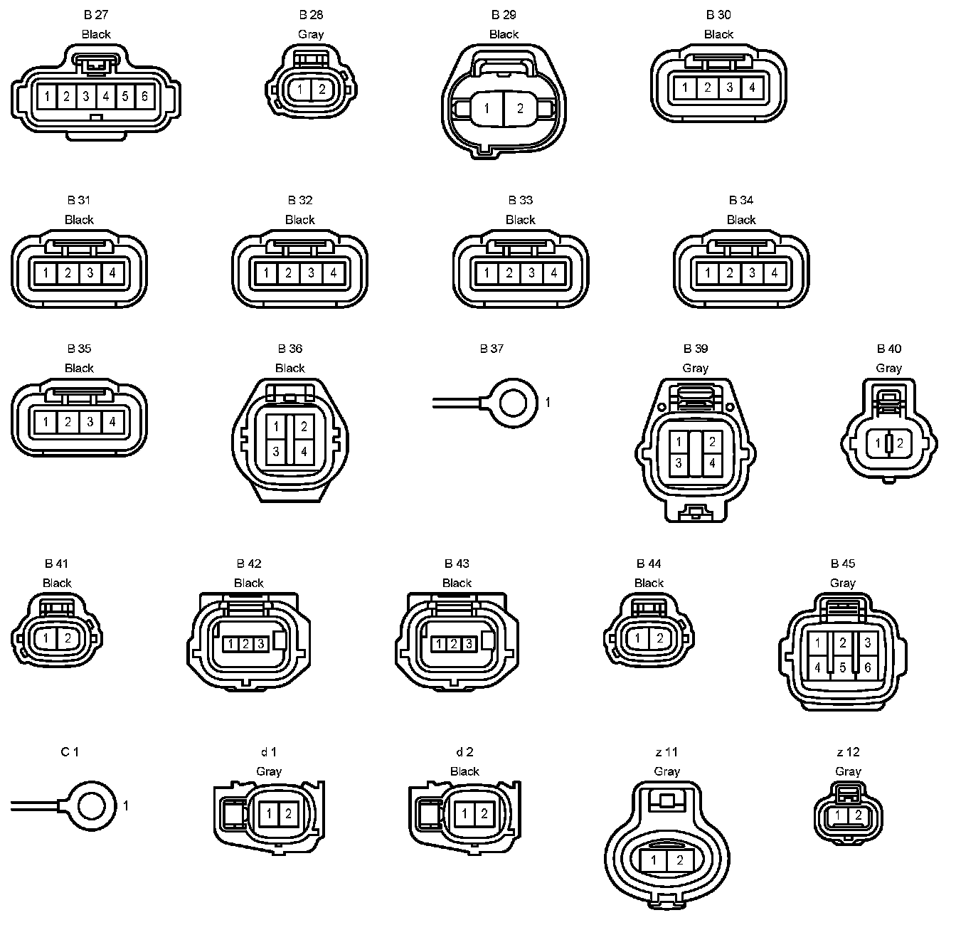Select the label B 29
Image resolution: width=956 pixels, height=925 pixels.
point(504,15)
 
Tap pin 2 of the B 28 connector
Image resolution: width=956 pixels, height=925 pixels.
point(322,90)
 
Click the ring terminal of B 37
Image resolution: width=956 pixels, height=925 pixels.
point(513,403)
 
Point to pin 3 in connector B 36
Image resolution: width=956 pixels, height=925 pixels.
point(276,451)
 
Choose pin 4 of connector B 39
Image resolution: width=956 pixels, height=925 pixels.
point(711,463)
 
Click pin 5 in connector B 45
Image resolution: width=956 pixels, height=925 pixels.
point(843,667)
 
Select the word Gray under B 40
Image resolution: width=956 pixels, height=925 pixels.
point(888,368)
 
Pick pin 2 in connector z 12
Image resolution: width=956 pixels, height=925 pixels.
point(859,815)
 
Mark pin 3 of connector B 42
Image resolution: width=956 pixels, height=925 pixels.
point(261,644)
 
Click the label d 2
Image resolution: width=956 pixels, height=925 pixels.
point(464,752)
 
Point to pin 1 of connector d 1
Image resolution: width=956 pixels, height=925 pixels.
point(270,813)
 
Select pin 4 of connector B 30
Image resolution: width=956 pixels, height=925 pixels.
point(752,88)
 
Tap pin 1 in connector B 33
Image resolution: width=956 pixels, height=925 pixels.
point(487,273)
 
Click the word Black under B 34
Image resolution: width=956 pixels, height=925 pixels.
point(741,220)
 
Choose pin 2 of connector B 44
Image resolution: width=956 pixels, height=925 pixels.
point(659,638)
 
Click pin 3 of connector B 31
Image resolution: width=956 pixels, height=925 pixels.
point(90,273)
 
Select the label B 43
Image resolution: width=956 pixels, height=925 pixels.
point(457,564)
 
